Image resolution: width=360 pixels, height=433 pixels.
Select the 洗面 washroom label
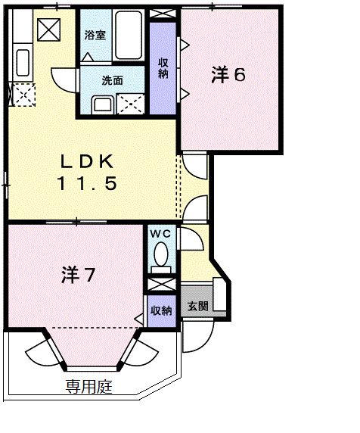click(x=113, y=80)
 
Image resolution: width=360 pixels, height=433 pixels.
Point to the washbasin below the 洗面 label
click(x=101, y=104)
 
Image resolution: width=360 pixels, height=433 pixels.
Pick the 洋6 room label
click(x=228, y=75)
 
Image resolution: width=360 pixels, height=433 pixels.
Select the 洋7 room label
click(x=78, y=275)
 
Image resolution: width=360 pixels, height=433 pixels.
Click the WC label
click(x=160, y=234)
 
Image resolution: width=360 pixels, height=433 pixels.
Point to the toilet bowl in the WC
click(x=160, y=260)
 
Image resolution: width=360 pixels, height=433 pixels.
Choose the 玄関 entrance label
click(x=197, y=307)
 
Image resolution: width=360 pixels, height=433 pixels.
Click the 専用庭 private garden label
click(x=88, y=388)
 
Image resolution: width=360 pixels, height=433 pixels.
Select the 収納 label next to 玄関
click(x=160, y=310)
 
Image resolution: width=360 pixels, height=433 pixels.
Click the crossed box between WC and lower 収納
click(x=160, y=285)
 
